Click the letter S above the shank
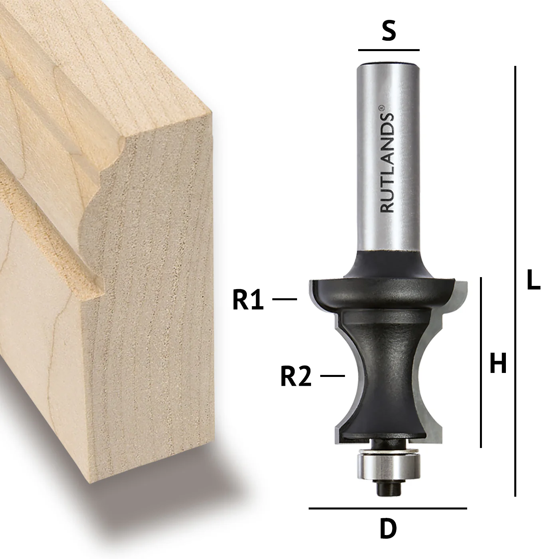point(389,31)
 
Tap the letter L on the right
point(533,279)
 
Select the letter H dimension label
point(498,363)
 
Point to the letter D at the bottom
point(388,528)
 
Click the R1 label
point(248,299)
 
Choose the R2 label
point(296,376)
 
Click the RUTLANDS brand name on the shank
point(387,163)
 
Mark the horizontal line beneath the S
point(389,50)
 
